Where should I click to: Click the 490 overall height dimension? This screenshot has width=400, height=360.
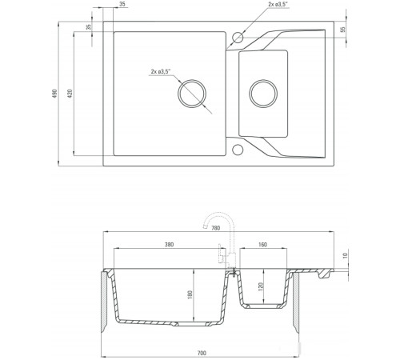coord(54,94)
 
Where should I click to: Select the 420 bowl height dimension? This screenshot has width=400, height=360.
coord(70,94)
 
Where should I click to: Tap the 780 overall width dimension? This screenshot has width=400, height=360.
coord(215,228)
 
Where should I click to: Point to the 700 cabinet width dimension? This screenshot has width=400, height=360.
coord(202,353)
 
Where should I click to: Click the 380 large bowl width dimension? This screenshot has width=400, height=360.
coord(169,245)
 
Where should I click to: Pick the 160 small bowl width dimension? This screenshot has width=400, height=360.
coord(262,245)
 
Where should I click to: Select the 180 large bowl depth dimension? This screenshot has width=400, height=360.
coord(190,294)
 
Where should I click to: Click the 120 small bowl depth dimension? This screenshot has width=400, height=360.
coord(261,286)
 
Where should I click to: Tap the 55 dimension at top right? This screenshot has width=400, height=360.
coord(343,30)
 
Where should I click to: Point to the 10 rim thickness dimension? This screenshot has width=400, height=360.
coord(346,256)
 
